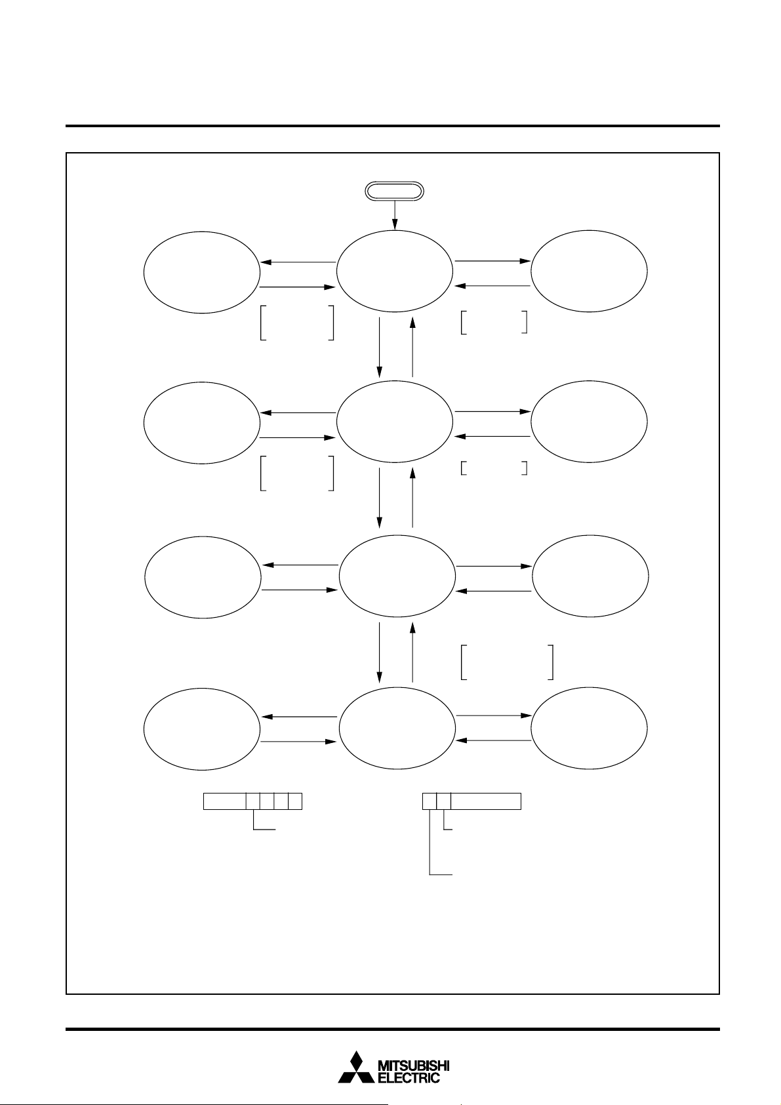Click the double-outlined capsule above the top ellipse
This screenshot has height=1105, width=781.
394,191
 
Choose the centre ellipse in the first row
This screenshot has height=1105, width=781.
394,271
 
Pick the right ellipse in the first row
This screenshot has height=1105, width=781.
589,271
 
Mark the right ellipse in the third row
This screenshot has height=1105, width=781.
590,576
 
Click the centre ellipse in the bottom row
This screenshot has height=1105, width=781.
397,728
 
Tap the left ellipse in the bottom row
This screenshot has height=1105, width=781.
201,728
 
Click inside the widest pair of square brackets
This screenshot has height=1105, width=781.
508,662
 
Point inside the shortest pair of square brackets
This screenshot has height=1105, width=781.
494,468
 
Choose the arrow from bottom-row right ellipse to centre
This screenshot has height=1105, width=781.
492,740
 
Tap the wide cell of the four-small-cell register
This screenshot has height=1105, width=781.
224,801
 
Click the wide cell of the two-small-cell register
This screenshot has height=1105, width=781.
486,801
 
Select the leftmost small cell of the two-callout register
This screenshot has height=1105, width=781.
430,801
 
